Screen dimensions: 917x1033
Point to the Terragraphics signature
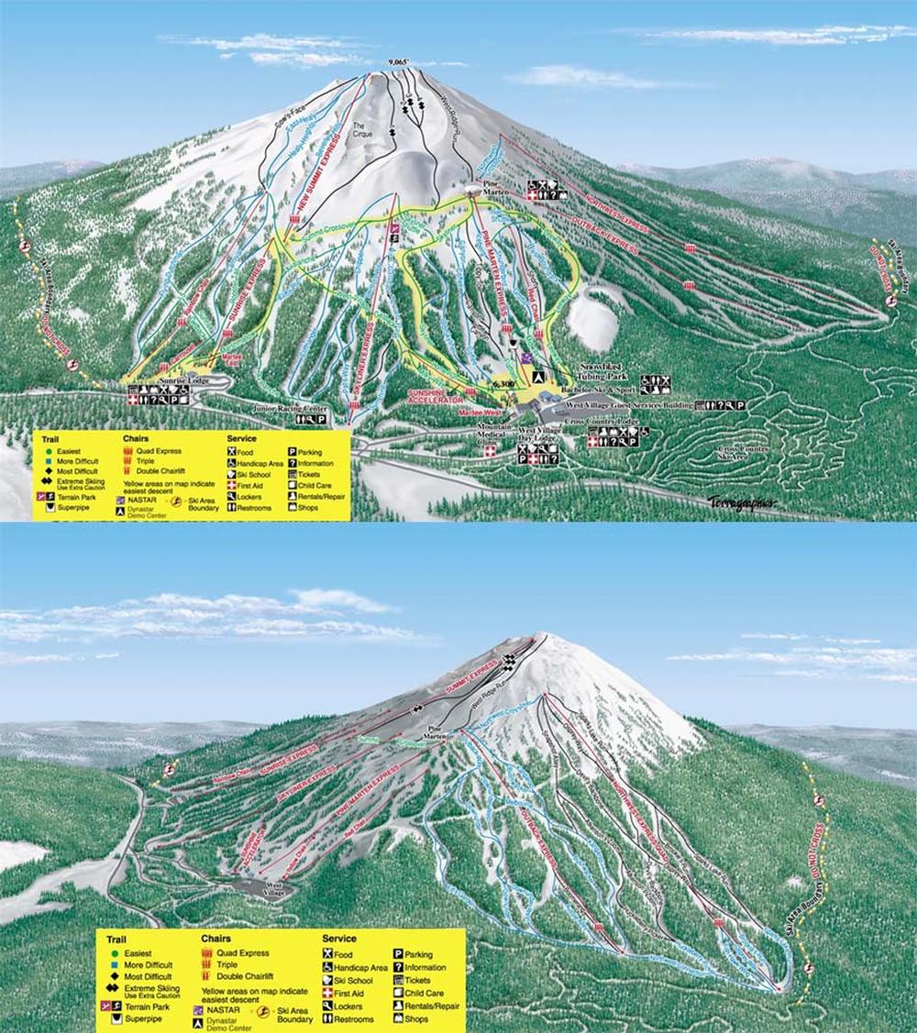tap(741, 501)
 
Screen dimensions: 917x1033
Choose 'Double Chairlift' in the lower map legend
tap(245, 978)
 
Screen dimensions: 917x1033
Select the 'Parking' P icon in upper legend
tap(292, 451)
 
